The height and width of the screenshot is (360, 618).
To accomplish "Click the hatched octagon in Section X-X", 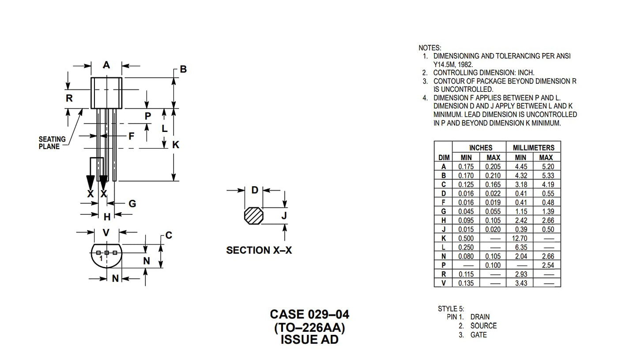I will point(253,216).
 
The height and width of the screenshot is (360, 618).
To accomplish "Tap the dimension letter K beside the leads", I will point(176,145).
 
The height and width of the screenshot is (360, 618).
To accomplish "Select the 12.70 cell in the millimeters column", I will point(521,238).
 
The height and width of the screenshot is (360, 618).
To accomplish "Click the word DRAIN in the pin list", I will point(480,317).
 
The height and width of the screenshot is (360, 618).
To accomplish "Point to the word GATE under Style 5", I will point(479,335).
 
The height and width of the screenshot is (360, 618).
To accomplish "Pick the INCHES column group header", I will point(480,148).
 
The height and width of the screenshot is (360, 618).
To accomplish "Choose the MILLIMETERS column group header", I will point(533,148).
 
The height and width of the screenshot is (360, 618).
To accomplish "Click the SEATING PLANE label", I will point(52,142).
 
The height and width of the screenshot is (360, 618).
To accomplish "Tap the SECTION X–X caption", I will point(259,251).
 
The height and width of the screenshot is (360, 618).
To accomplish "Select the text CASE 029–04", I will point(309,315).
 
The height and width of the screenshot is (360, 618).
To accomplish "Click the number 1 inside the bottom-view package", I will point(101,258).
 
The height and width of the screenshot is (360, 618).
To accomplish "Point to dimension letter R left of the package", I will point(69,98).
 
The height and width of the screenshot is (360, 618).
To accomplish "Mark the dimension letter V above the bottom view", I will point(106,233).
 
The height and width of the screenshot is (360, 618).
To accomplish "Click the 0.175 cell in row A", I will point(466,167).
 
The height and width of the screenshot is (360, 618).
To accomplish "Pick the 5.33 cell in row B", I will point(546,176).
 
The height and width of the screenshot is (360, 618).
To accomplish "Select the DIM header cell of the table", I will point(444,157).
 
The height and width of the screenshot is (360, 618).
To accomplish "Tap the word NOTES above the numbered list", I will point(430,48).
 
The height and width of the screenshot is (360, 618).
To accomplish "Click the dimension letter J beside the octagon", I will point(284,216).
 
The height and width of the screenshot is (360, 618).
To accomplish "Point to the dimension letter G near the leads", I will point(132,203).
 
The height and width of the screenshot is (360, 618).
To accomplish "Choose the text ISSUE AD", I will point(309,339).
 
